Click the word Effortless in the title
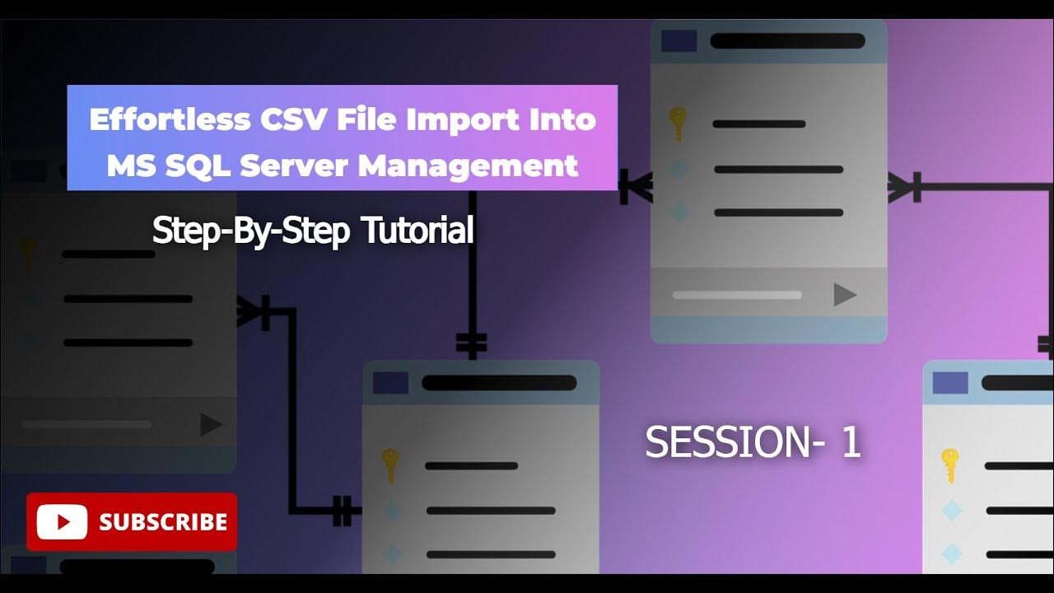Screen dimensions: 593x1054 coord(169,119)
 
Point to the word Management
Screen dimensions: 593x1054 coord(468,166)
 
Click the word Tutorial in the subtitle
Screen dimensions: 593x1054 coord(418,231)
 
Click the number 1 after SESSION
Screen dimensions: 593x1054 coord(851,442)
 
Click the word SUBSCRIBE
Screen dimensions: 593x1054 coord(163,521)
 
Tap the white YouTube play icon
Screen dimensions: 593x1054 coord(62,521)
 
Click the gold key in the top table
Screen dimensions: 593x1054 coord(678,124)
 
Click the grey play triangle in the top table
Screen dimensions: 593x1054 coord(844,294)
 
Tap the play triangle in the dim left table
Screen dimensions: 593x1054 coord(211,424)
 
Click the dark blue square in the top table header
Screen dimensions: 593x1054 coord(679,41)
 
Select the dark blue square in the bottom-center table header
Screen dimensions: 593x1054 coord(390,383)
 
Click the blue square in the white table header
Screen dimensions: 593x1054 coord(950,383)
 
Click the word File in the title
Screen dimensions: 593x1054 coord(361,119)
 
